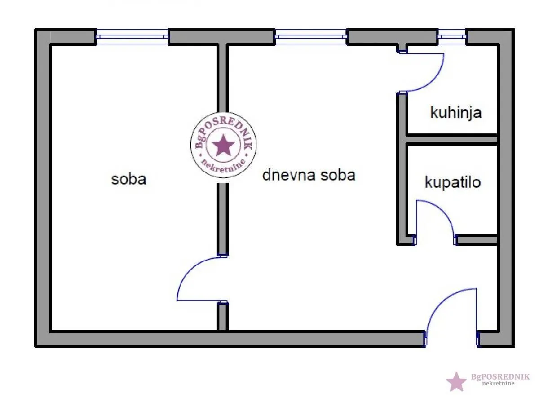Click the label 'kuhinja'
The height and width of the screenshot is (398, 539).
(x=455, y=113)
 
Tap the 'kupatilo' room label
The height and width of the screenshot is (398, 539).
(x=452, y=182)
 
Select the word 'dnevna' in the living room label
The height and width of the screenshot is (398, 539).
(x=289, y=175)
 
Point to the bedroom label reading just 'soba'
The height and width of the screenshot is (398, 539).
(x=129, y=179)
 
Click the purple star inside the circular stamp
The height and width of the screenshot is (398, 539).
(x=223, y=145)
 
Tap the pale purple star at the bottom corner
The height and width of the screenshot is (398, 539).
(x=456, y=382)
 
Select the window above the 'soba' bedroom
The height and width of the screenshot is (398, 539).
(x=132, y=37)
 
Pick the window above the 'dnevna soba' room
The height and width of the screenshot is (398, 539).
(x=311, y=37)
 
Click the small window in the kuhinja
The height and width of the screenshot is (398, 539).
(x=452, y=37)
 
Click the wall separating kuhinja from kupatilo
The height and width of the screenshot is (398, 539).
(x=451, y=139)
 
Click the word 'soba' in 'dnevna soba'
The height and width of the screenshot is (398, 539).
(x=338, y=175)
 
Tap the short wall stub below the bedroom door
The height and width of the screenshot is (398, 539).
(x=223, y=316)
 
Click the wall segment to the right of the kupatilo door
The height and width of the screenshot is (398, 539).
(x=477, y=240)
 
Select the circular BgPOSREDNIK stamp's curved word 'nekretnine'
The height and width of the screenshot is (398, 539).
(x=223, y=166)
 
